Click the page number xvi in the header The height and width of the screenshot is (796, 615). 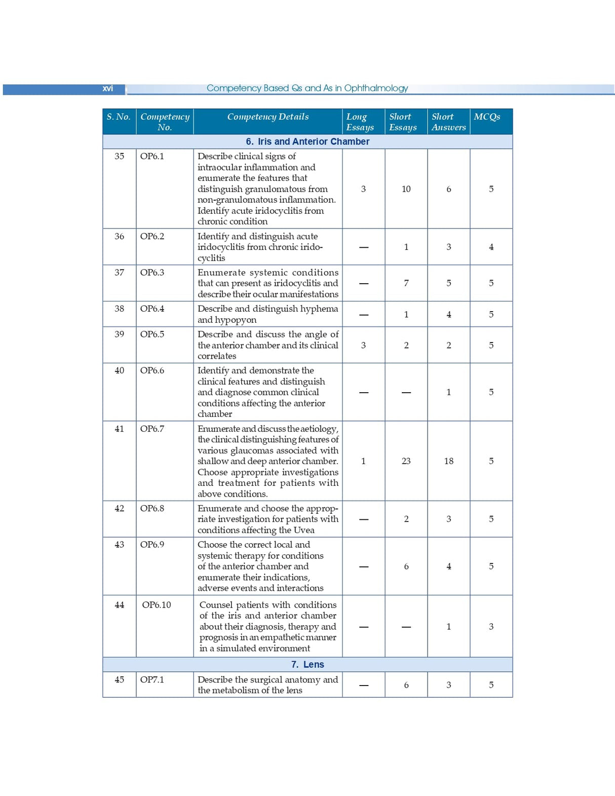point(107,89)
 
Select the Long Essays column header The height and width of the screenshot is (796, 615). point(360,122)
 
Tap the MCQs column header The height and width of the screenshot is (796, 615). point(487,117)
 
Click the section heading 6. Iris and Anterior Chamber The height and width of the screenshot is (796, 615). point(307,142)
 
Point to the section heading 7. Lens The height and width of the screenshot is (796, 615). point(307,664)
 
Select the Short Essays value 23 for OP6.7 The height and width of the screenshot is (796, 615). point(406,461)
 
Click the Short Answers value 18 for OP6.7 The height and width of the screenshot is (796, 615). point(448,461)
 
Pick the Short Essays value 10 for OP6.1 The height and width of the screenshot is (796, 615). point(406,189)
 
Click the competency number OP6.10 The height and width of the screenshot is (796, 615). point(156,604)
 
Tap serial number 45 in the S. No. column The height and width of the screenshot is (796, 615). point(119,679)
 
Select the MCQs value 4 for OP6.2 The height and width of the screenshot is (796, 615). point(491,247)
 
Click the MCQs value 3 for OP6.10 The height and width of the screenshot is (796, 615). point(491,627)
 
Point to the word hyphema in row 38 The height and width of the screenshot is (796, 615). point(320,309)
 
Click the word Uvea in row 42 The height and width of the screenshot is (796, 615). point(304,530)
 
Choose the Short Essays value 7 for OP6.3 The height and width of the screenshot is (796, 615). point(406,283)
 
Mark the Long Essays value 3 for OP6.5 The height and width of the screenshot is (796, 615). point(363,346)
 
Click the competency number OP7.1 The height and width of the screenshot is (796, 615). point(152,679)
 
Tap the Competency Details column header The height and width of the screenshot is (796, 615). point(267,117)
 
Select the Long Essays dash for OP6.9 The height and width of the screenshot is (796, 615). point(363,566)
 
